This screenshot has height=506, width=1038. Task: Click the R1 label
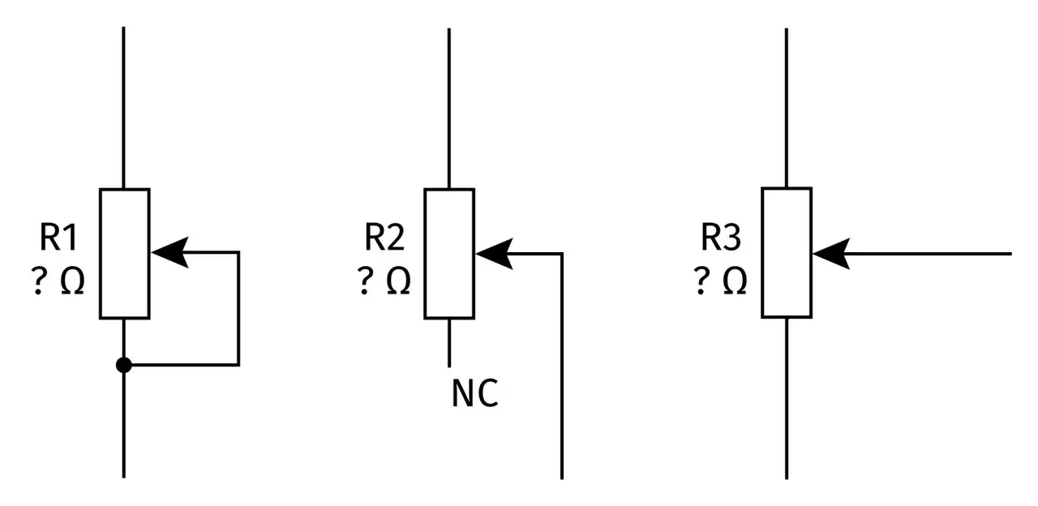58,237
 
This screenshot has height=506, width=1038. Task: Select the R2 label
384,237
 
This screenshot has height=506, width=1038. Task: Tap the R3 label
721,237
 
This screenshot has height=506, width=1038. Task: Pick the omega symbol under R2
398,281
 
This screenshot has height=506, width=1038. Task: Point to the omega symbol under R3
735,281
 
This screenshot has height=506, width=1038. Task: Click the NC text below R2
474,393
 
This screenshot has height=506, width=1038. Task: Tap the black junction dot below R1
124,365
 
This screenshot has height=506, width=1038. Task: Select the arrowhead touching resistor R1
170,252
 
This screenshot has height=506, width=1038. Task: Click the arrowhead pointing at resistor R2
495,254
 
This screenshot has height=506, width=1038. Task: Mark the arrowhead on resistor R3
831,254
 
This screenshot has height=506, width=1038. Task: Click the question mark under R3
701,281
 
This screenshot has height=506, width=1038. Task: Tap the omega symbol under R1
73,281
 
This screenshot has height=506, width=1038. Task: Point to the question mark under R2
365,281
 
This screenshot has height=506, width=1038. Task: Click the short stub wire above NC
449,343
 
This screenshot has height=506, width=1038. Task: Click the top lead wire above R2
449,109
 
